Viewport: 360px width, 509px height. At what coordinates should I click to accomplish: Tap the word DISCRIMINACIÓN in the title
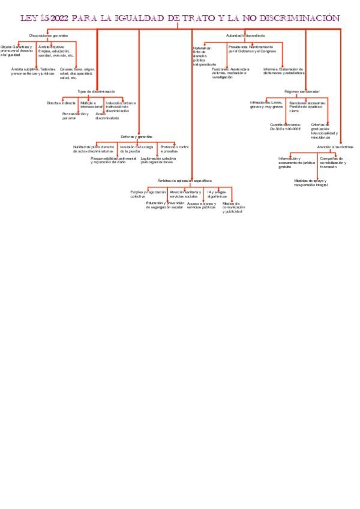[298, 19]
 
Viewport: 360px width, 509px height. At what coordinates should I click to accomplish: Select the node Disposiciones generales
[49, 35]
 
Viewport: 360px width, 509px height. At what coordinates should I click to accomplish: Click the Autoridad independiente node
[245, 35]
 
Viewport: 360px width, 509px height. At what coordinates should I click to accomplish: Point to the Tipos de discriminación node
[96, 91]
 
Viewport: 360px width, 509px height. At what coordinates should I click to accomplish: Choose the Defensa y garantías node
[137, 136]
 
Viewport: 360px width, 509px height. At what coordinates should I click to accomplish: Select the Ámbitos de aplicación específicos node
[184, 180]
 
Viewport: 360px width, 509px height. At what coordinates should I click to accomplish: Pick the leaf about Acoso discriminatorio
[107, 116]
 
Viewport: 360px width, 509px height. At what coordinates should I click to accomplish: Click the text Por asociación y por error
[74, 116]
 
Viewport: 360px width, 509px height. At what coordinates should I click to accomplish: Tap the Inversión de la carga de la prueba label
[136, 149]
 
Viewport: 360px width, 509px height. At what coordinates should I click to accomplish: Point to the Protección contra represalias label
[175, 149]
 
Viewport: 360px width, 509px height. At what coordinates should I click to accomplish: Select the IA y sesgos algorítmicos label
[217, 194]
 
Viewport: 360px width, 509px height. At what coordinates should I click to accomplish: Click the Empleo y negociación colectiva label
[148, 194]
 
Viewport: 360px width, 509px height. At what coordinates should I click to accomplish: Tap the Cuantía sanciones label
[285, 127]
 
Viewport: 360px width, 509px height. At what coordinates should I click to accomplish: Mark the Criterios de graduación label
[324, 130]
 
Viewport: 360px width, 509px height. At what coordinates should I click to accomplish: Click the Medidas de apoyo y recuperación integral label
[311, 182]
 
